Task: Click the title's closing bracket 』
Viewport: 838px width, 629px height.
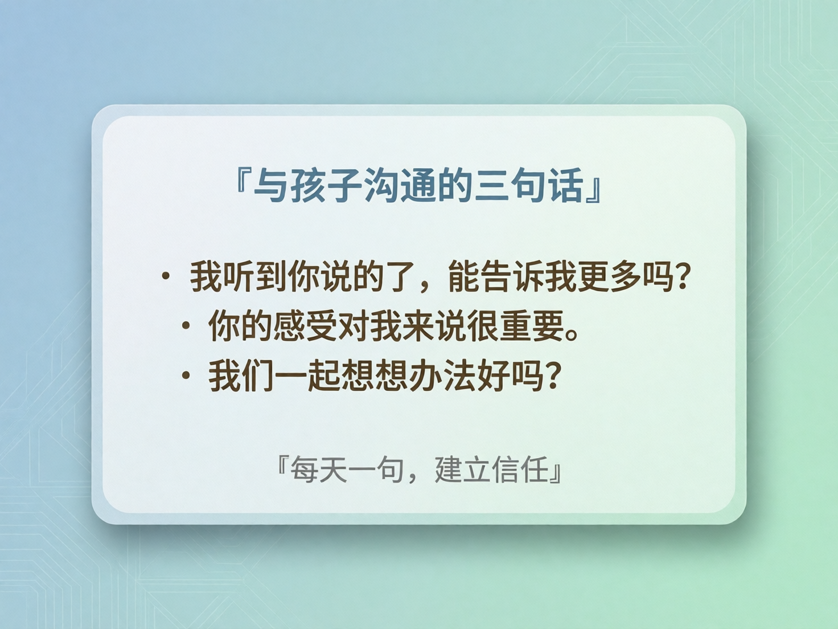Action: (595, 191)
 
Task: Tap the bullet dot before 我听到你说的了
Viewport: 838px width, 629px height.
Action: (166, 277)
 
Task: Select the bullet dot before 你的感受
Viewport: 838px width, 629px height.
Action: (186, 326)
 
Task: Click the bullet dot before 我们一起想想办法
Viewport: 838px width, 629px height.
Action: (186, 375)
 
